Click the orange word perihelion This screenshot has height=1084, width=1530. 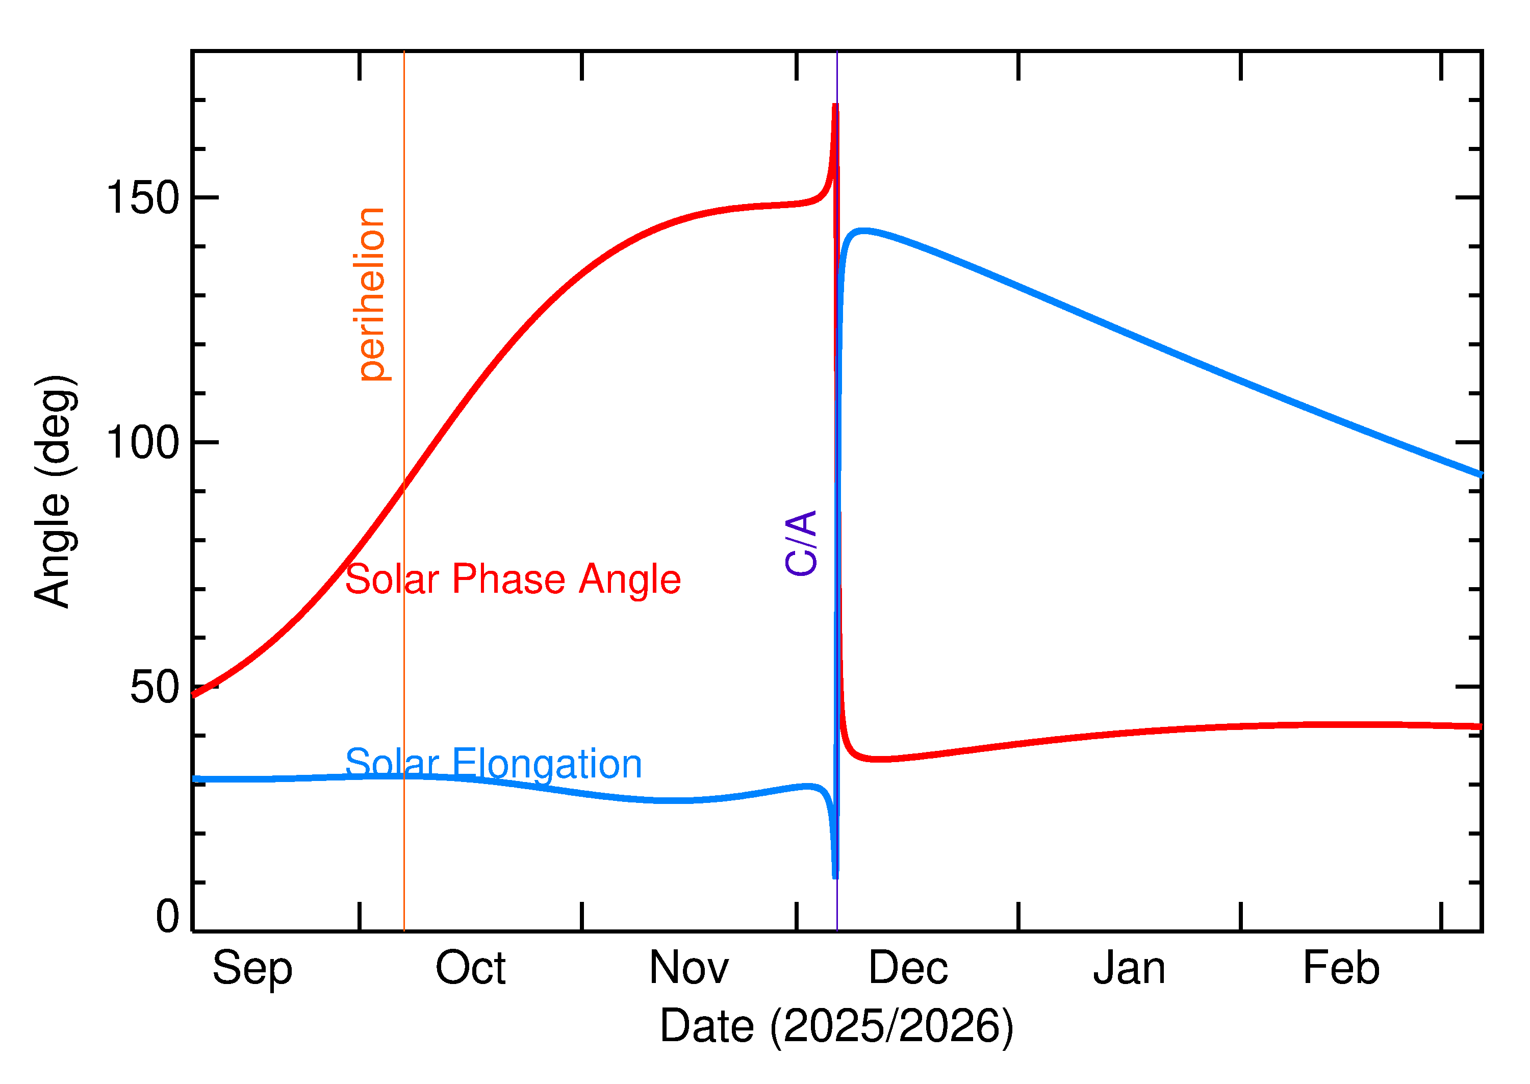[x=372, y=294]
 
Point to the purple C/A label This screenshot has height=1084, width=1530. [x=801, y=543]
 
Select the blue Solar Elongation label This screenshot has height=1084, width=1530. [x=493, y=764]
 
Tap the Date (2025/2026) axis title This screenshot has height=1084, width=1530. [x=836, y=1025]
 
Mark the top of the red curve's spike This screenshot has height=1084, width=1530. [x=835, y=106]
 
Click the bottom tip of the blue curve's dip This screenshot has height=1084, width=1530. [x=835, y=876]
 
